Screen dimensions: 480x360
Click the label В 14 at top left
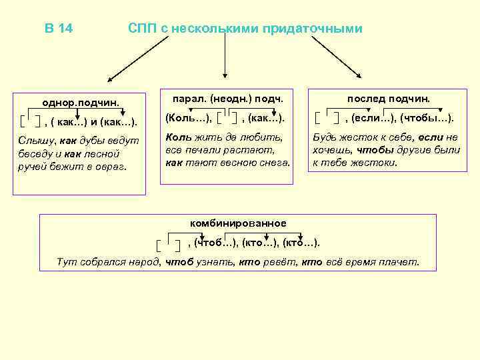59,29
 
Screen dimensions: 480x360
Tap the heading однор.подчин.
81,103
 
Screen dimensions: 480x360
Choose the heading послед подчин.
389,99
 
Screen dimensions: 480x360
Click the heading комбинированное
237,223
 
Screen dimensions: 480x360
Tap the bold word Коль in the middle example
177,137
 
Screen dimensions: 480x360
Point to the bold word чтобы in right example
369,149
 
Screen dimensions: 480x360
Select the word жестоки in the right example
375,162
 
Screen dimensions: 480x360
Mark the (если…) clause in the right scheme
371,118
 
